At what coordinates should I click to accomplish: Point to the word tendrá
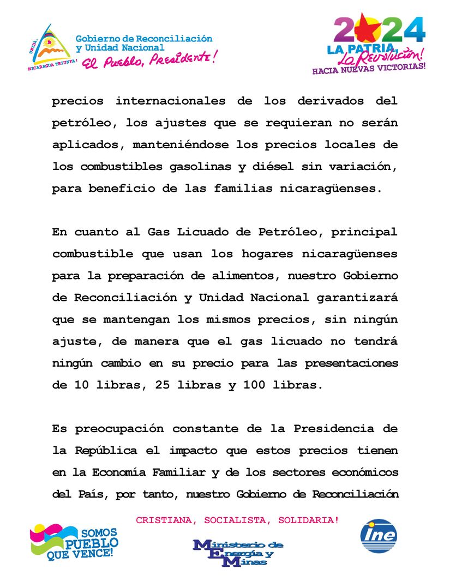click(376, 341)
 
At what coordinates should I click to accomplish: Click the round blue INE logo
click(379, 535)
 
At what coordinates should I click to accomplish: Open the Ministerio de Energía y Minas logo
click(238, 552)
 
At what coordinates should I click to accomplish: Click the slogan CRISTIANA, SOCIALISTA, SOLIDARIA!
click(237, 520)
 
